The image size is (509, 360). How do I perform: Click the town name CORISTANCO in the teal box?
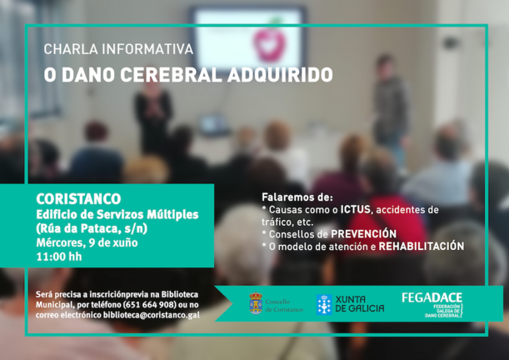point(78,198)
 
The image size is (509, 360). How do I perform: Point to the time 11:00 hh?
point(58,257)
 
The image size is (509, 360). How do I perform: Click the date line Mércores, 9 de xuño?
point(87,242)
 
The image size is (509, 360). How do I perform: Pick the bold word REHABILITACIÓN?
point(421,247)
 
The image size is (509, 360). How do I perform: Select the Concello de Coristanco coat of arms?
point(256,303)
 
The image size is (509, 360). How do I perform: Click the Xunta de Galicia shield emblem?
point(324,304)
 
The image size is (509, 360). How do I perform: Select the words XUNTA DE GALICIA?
point(360,304)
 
